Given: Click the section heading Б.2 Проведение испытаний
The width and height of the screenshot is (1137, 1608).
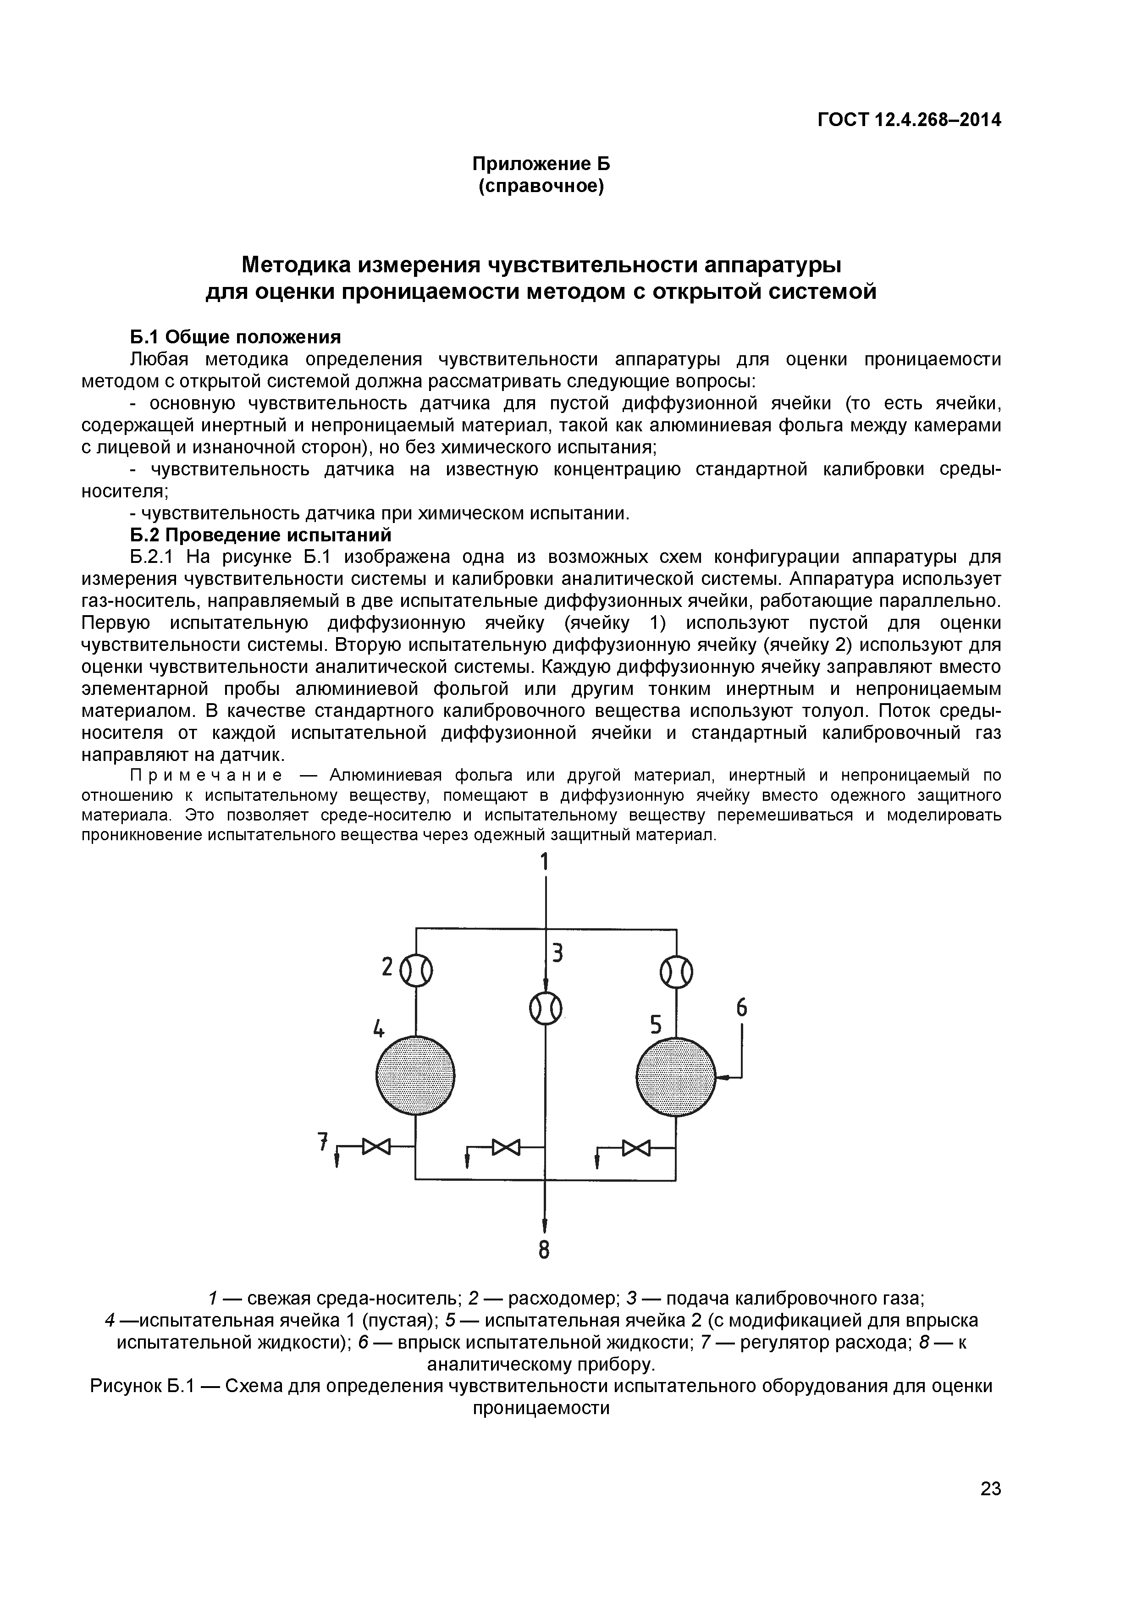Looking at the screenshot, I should point(260,535).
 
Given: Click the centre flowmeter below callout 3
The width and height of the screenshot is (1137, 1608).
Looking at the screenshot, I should point(545,1009).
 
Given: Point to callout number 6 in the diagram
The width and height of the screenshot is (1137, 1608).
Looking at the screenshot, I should point(741,1008).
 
